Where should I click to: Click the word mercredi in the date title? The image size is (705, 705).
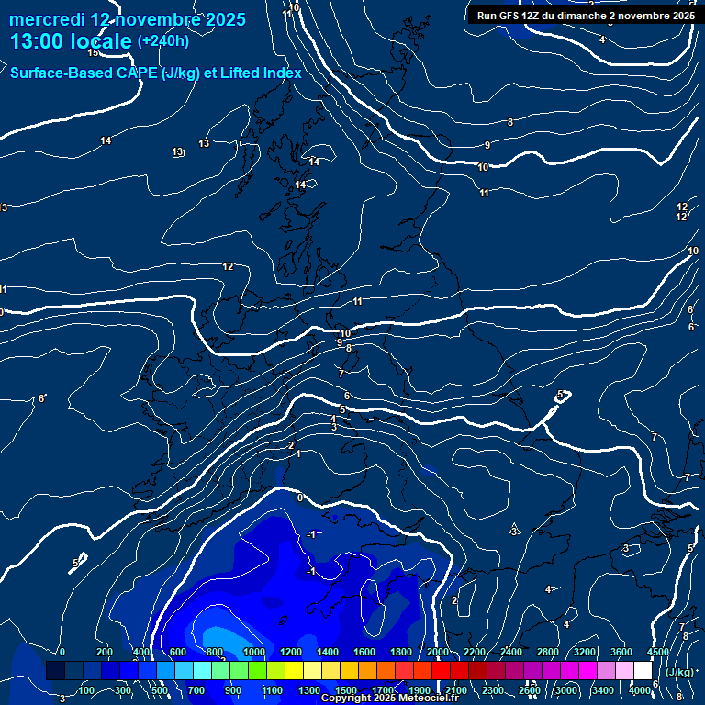tap(47, 19)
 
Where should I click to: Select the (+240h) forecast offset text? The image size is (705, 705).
tap(162, 41)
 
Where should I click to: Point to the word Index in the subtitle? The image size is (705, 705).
tap(276, 73)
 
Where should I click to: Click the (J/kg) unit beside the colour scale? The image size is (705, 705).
tap(680, 672)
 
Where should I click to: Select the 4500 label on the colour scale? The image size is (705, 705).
tap(658, 652)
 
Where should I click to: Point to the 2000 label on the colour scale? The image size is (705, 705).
tap(438, 652)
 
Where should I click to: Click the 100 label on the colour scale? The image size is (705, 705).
tap(86, 690)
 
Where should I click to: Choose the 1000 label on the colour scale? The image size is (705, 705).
tap(254, 652)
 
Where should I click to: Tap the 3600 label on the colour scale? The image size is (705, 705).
tap(621, 652)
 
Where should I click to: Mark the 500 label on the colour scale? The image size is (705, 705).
tap(160, 690)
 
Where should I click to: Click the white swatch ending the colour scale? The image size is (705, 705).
tap(643, 671)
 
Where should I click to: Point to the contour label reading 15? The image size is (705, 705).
tap(93, 79)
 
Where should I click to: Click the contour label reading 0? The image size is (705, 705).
tap(300, 498)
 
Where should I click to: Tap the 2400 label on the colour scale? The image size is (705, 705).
tap(511, 652)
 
